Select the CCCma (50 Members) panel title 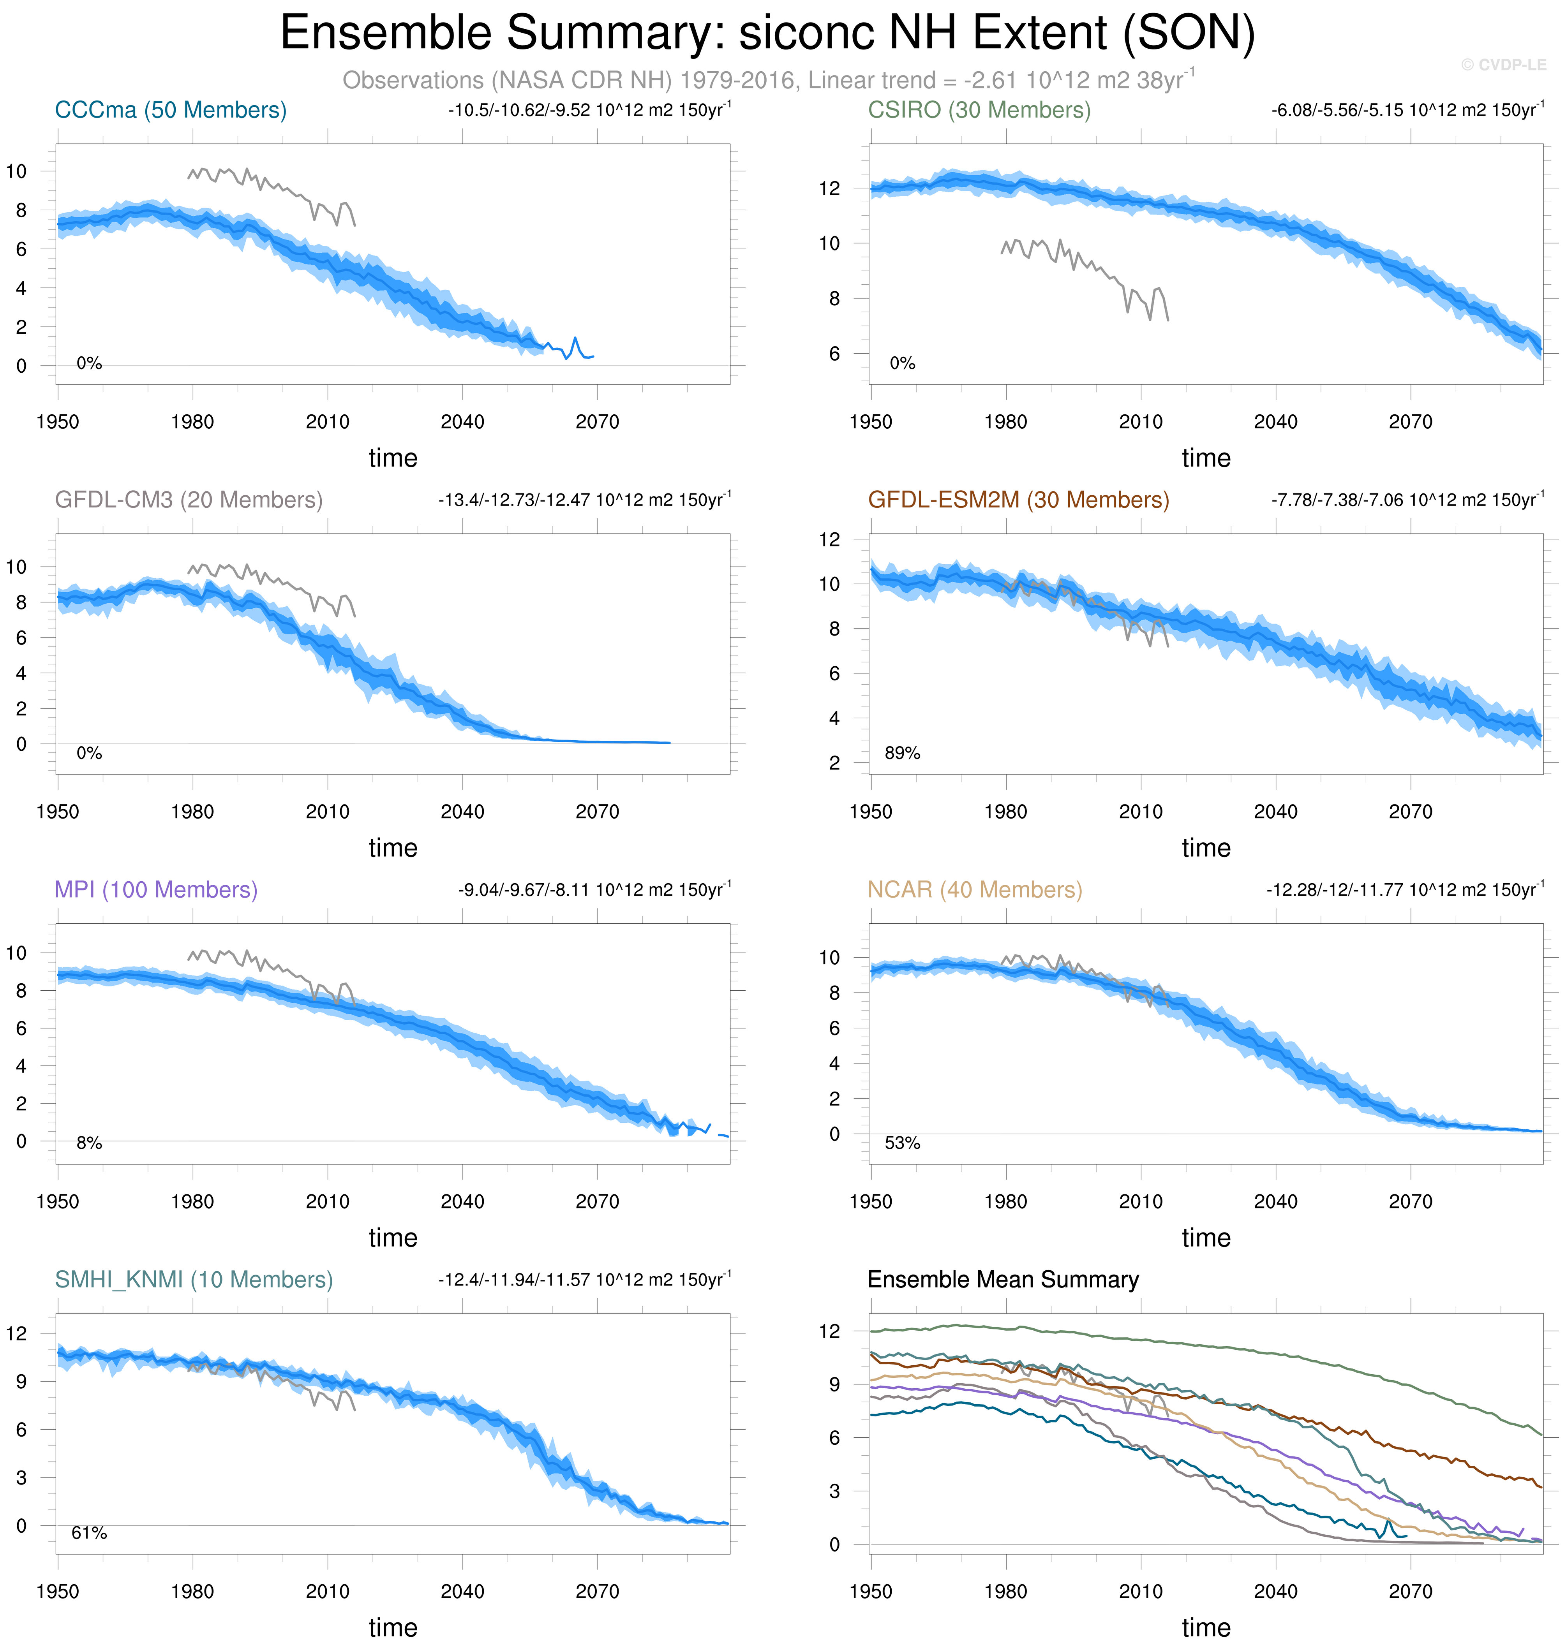point(170,110)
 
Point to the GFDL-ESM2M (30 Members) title point(1018,500)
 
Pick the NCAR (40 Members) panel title point(974,890)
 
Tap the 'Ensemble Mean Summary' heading point(1003,1279)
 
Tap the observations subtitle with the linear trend point(768,80)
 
